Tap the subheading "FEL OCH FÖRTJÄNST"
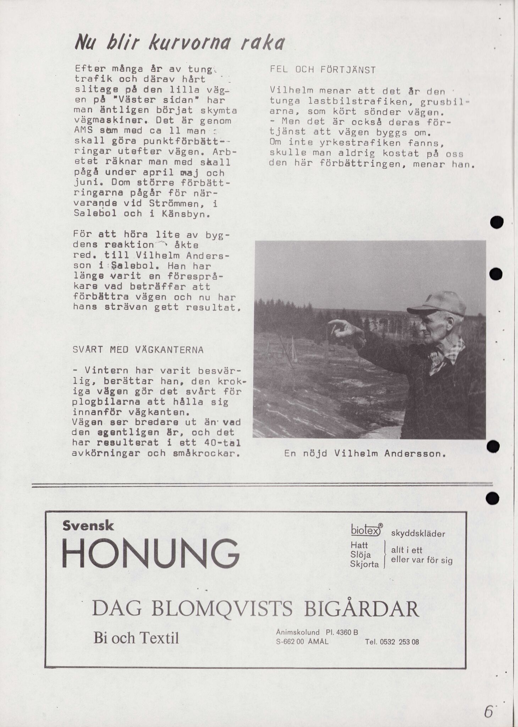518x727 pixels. point(322,70)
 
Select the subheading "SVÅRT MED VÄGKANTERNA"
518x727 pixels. point(138,350)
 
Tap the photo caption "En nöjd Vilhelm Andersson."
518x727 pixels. point(365,454)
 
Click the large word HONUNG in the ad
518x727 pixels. point(151,553)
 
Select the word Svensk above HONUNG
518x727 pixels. point(88,526)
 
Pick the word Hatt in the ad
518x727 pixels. point(359,545)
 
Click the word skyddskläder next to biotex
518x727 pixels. point(418,534)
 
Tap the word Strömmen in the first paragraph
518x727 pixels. point(171,204)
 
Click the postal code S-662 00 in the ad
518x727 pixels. point(290,642)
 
